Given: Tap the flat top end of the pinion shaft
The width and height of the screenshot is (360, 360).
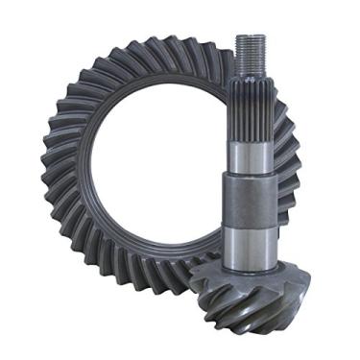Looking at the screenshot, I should [251, 36].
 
